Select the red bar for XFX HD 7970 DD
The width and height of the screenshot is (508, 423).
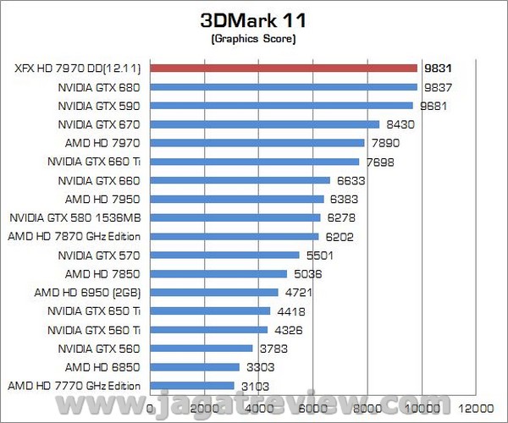click(x=284, y=68)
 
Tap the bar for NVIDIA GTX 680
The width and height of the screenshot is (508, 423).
click(x=284, y=86)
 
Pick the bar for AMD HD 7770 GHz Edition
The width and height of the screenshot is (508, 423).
click(x=192, y=386)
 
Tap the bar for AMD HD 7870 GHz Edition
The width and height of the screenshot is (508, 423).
click(x=235, y=236)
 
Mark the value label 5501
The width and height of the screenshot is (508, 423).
click(x=317, y=255)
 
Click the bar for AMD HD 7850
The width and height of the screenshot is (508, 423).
click(x=218, y=273)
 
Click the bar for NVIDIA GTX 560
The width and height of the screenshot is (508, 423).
click(x=202, y=348)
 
